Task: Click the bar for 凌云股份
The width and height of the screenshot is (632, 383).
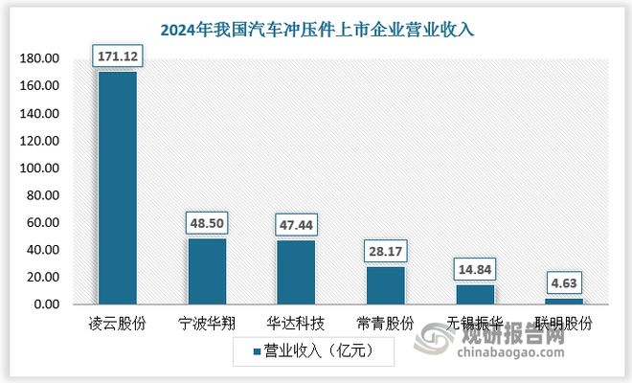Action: coord(117,188)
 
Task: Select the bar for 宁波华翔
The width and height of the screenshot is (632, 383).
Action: coord(207,271)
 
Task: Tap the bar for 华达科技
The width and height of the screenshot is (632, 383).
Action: coord(296,272)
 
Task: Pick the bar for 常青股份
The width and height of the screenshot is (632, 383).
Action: coord(386,285)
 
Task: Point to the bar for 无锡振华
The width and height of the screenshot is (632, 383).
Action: coord(475,294)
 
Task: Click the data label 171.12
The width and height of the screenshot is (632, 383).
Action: coord(117,58)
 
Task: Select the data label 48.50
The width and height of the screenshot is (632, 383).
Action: coord(207,226)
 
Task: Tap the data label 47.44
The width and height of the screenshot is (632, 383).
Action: coord(296,227)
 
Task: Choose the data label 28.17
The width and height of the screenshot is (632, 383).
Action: coord(386,254)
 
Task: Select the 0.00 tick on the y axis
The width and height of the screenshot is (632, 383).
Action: coord(46,304)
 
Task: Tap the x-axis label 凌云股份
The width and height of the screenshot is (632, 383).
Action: coord(117,324)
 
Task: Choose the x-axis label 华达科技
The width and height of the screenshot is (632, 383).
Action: coord(296,324)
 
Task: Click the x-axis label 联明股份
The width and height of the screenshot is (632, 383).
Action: coord(565,324)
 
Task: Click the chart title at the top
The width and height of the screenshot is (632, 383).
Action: coord(317,30)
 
